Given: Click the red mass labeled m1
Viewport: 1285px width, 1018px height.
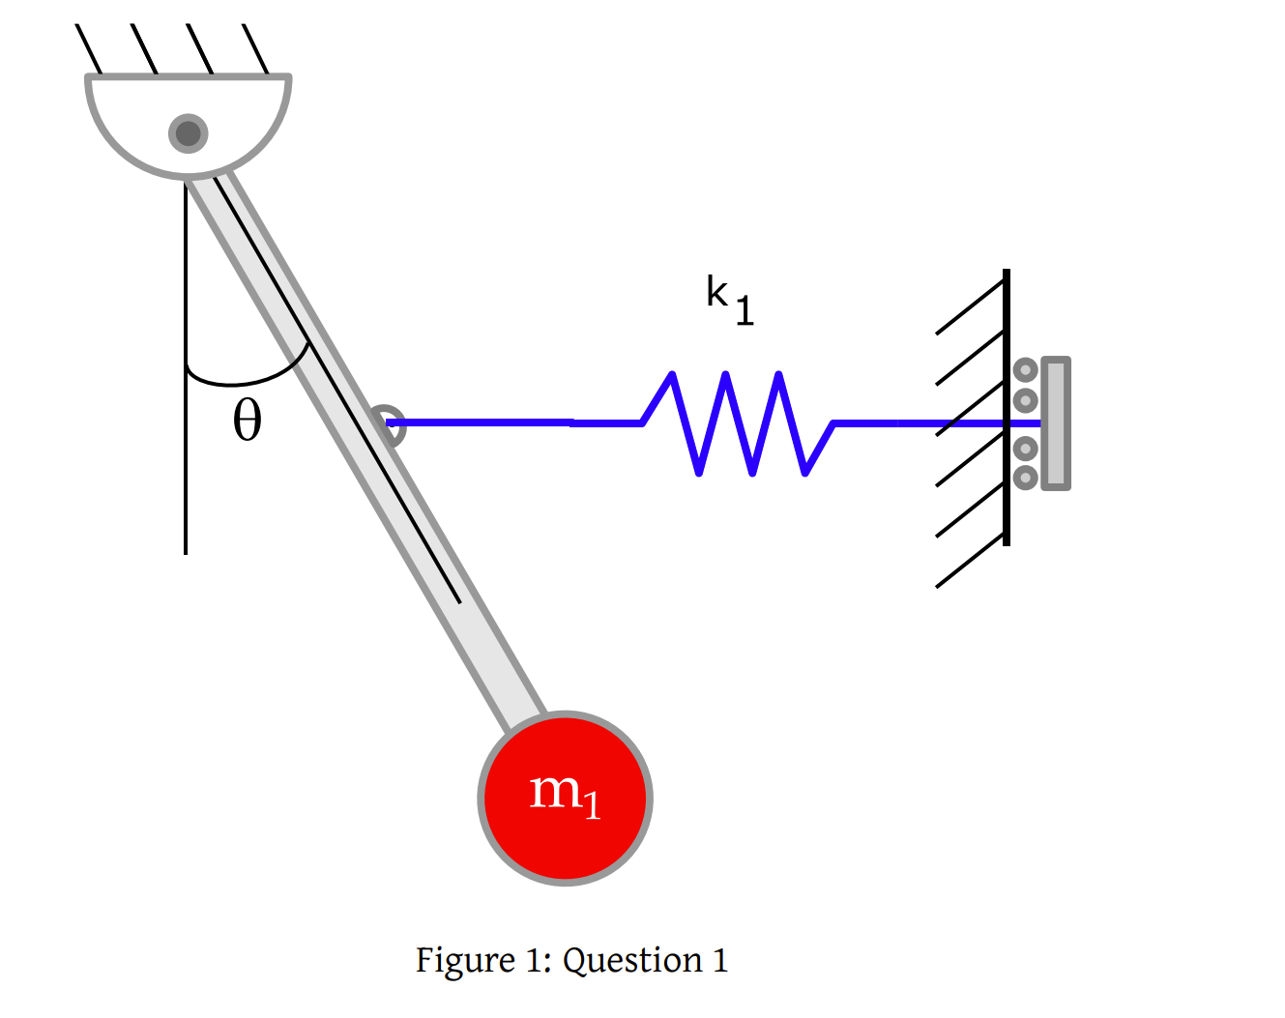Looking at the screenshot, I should click(x=566, y=799).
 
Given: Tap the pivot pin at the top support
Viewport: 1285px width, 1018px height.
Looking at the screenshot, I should click(x=189, y=132).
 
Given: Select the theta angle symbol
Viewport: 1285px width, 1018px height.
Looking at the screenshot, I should click(x=248, y=421).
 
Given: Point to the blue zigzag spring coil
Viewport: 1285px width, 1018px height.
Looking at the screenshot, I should click(x=738, y=423).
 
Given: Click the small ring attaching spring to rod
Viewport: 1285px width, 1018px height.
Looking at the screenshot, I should click(x=388, y=423).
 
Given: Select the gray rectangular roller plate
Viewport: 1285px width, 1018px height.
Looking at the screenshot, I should click(x=1056, y=423).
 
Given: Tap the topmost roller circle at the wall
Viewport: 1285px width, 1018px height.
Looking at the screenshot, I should click(x=1026, y=370).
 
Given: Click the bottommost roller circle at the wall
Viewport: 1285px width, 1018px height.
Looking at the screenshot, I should click(x=1026, y=477).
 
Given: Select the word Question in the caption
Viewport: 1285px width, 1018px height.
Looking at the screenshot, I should click(x=632, y=961).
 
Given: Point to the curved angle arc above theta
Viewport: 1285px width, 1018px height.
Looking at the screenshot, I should click(x=242, y=381).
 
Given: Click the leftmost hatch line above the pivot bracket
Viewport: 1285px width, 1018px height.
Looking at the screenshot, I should click(x=89, y=49).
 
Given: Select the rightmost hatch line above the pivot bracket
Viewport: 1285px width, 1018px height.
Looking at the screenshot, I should click(x=256, y=49).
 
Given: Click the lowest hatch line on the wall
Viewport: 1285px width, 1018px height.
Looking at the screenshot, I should click(x=970, y=561).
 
